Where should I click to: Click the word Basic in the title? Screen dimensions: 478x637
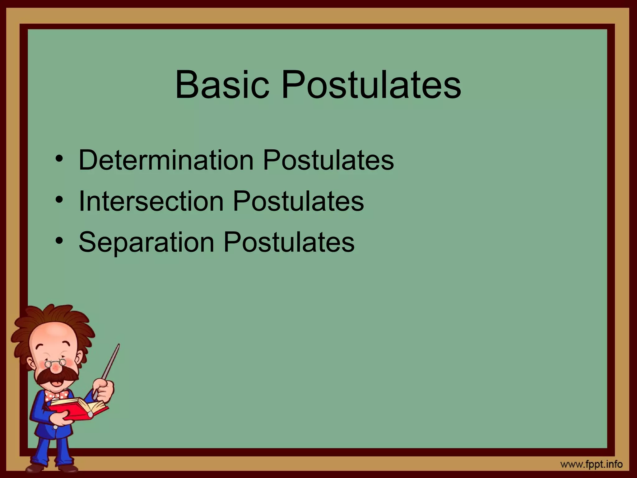tap(222, 85)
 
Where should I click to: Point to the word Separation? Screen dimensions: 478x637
tap(146, 242)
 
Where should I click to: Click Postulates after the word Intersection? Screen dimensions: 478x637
tap(298, 201)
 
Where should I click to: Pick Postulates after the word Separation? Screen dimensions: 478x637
tap(289, 242)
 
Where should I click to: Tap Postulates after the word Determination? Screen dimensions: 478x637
tap(328, 160)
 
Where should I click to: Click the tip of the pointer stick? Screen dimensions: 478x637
tap(118, 345)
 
